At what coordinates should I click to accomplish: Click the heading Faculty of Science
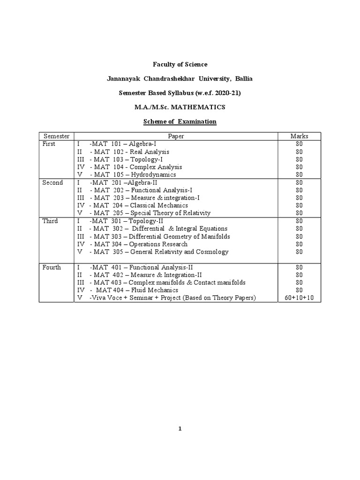[x=180, y=64]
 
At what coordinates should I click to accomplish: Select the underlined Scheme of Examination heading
[x=180, y=121]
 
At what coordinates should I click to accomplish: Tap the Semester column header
[x=56, y=136]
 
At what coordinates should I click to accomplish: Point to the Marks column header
[x=300, y=136]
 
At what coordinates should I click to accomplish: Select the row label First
[x=49, y=144]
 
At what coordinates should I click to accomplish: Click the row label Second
[x=52, y=183]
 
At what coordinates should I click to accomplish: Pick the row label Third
[x=50, y=221]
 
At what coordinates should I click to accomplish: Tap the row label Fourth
[x=52, y=267]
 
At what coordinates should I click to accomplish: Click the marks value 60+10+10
[x=300, y=298]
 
